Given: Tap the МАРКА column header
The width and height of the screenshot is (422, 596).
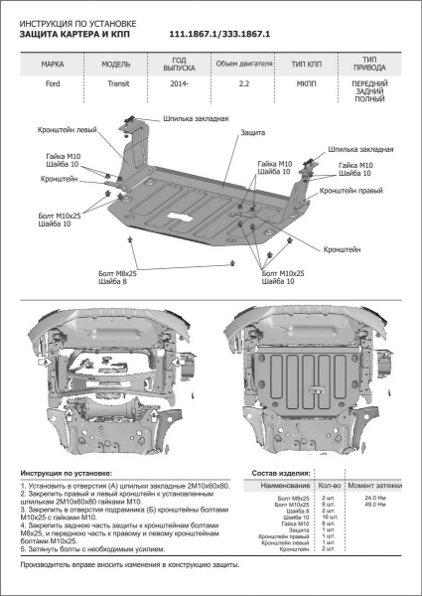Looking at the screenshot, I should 55,67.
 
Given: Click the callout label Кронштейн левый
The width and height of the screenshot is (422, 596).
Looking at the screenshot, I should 67,129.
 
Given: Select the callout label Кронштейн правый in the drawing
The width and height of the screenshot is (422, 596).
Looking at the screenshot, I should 352,188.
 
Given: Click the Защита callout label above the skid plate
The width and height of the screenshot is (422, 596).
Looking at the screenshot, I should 252,132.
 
